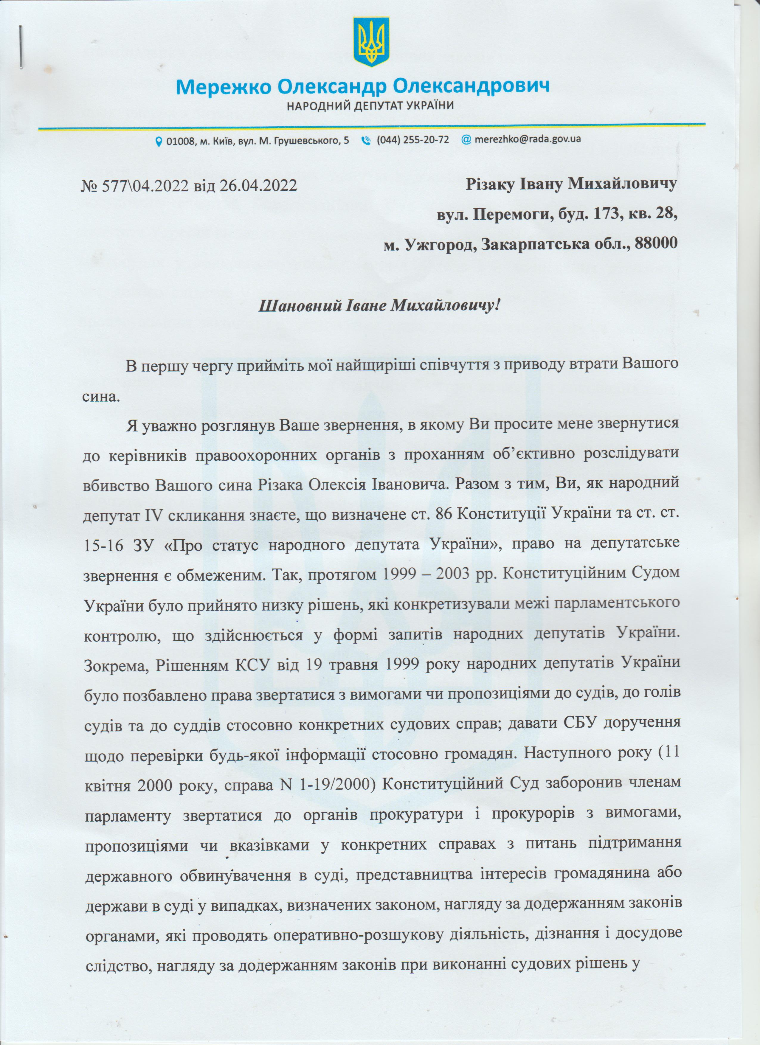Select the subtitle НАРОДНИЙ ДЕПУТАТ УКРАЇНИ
370,106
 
